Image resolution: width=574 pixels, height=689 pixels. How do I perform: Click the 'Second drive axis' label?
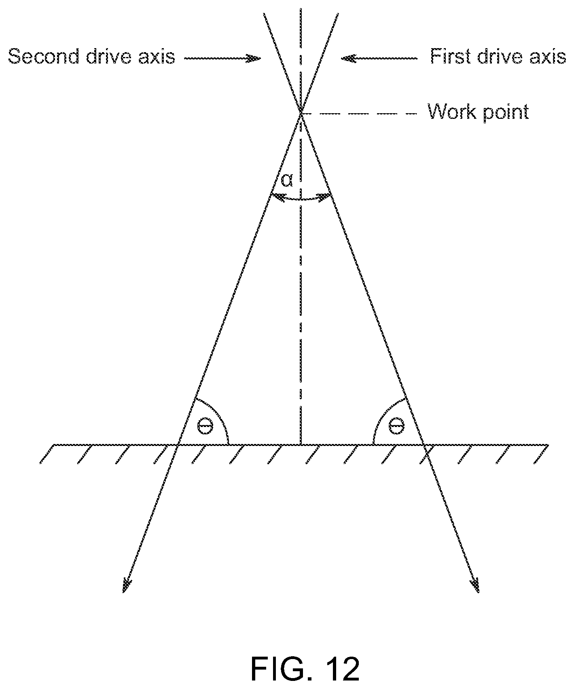pos(92,56)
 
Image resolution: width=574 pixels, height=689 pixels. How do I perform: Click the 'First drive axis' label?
pos(498,56)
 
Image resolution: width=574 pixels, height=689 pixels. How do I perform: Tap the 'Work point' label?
pos(479,112)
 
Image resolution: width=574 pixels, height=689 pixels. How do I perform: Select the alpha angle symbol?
pos(287,181)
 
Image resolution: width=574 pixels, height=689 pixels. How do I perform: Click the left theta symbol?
pos(205,426)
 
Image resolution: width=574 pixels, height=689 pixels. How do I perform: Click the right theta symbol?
pos(396,426)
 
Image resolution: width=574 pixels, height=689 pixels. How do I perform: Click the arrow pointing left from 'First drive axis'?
pos(379,59)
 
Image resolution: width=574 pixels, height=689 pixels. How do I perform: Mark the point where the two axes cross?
pos(301,112)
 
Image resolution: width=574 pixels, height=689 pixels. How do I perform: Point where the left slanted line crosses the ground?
pos(177,445)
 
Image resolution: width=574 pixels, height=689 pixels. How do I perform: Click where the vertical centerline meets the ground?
pos(301,445)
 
